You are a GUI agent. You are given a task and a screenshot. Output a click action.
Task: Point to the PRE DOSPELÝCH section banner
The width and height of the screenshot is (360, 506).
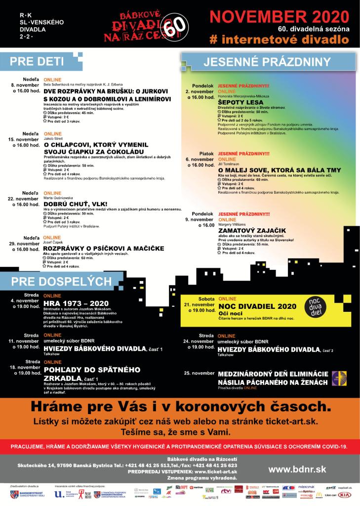[61, 281]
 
